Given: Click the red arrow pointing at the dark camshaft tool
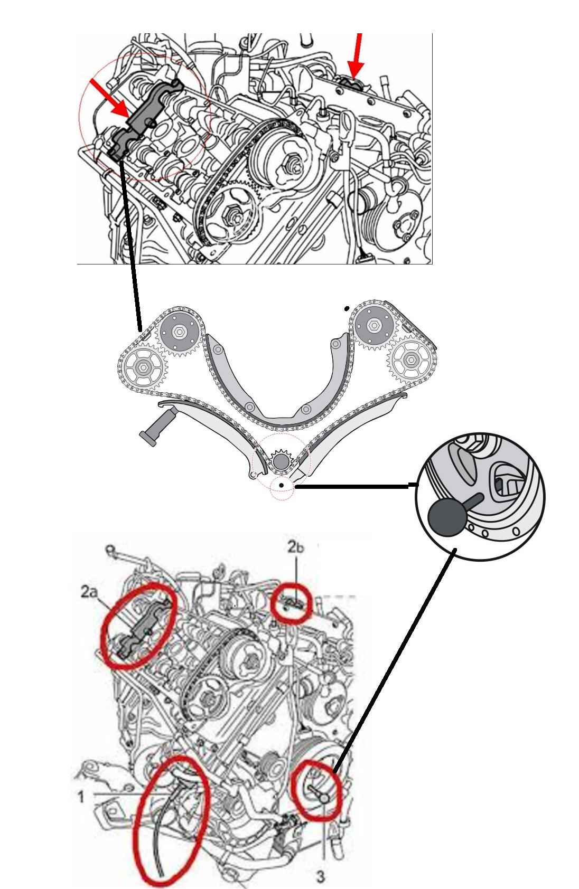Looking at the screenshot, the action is (x=109, y=97).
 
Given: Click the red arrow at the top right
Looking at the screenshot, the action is (x=356, y=55).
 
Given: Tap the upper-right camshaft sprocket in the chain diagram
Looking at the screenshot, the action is (x=373, y=326).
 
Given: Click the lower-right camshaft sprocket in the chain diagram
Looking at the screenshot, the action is (x=410, y=360).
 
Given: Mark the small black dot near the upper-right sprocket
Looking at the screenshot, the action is (x=347, y=308).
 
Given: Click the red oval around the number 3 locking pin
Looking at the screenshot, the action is (x=316, y=790).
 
